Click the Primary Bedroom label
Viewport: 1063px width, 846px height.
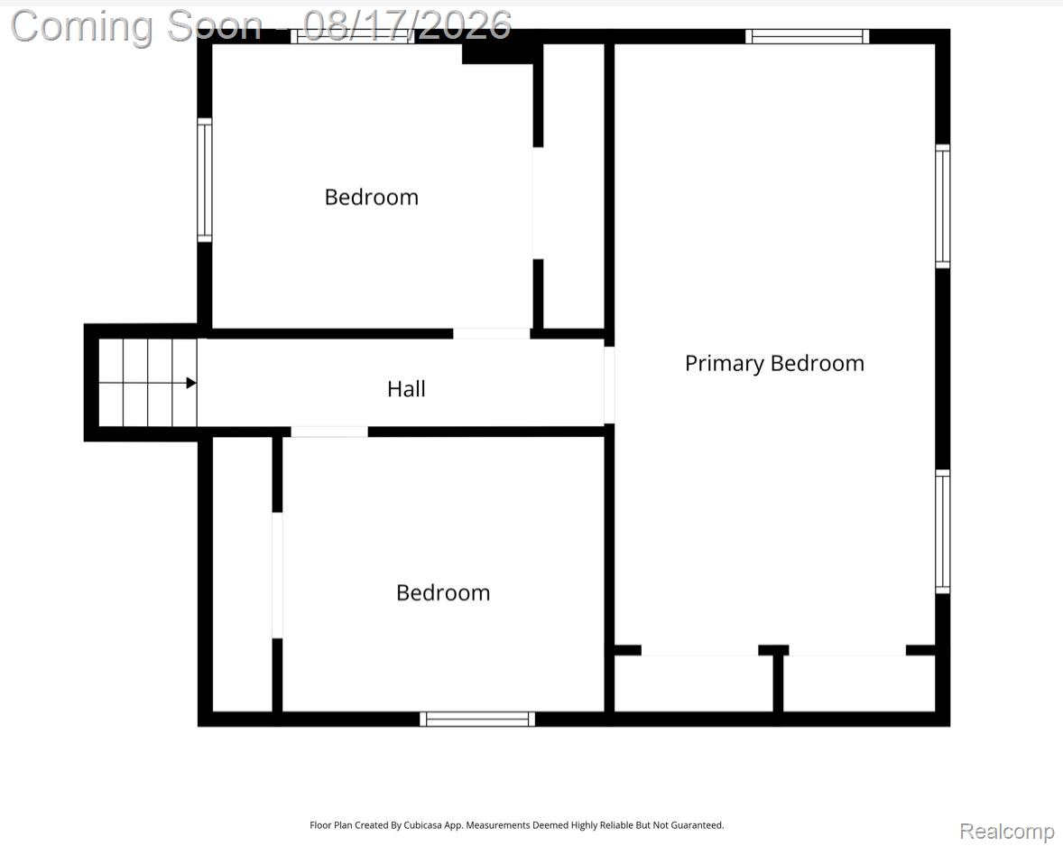(774, 364)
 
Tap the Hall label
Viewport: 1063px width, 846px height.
(406, 389)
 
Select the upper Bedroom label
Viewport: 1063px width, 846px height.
(372, 198)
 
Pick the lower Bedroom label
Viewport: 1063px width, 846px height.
(443, 593)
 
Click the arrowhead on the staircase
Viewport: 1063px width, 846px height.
(191, 384)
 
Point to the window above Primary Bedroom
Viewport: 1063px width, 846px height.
(807, 37)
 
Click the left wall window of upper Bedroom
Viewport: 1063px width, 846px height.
(205, 180)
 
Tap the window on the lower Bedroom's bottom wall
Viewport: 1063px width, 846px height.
(477, 719)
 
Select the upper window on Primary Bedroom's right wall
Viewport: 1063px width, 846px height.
(942, 206)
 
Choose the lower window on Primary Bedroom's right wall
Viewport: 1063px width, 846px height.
(942, 532)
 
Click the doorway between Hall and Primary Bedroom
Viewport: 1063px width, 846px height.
(609, 386)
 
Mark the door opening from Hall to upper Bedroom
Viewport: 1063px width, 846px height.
(492, 334)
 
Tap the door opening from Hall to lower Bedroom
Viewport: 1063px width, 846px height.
(329, 432)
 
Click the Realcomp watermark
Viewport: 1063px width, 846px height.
(1007, 831)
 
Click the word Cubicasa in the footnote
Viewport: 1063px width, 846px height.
(422, 825)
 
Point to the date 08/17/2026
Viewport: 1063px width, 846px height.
(407, 26)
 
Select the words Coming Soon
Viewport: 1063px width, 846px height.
(136, 26)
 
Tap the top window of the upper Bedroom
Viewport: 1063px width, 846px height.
(353, 37)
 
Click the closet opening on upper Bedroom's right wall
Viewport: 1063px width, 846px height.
(538, 203)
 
